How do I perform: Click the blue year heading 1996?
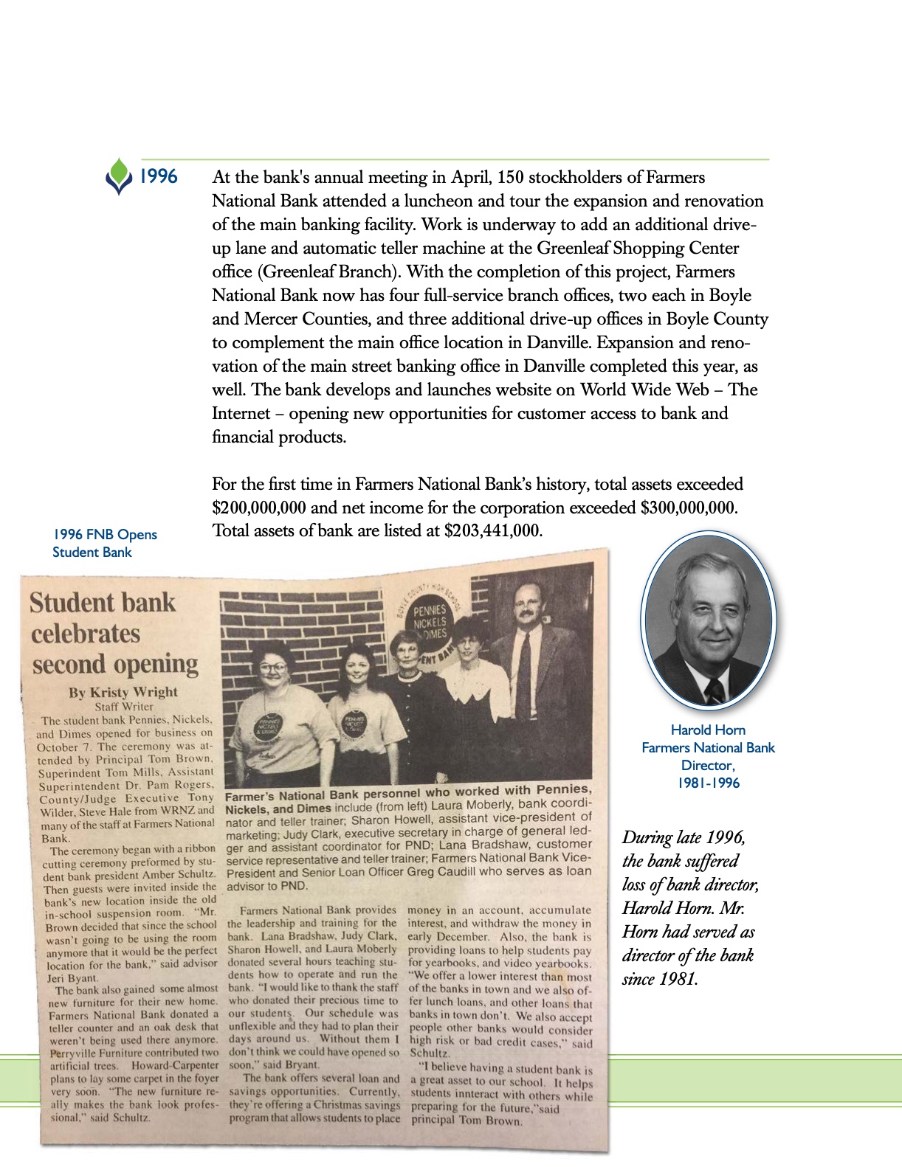[x=159, y=176]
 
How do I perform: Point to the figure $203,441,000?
[x=493, y=530]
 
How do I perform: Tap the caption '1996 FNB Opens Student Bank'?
[x=104, y=543]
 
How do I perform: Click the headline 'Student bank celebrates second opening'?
[x=114, y=633]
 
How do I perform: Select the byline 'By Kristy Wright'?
[x=123, y=692]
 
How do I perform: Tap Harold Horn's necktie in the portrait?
[x=714, y=691]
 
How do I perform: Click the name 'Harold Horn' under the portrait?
[x=707, y=730]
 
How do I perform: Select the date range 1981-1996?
[x=708, y=783]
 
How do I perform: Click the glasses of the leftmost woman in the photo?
[x=272, y=668]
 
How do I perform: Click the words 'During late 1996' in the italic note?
[x=684, y=837]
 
